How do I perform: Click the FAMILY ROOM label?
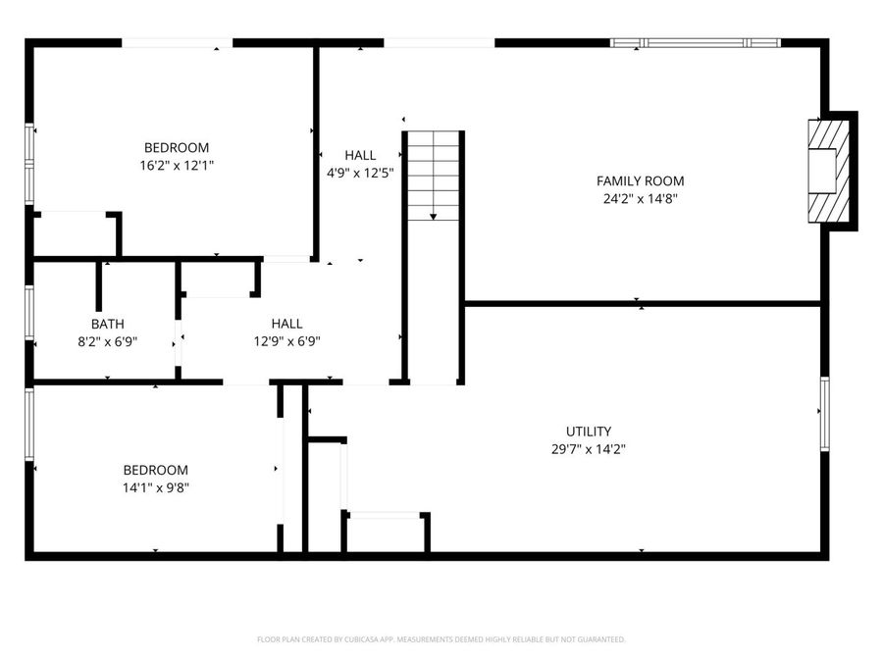click(640, 180)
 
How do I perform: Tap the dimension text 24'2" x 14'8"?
click(640, 198)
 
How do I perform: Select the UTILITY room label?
click(588, 432)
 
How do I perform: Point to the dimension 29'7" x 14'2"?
click(588, 449)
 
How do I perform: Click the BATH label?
click(108, 324)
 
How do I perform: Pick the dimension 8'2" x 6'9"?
click(108, 341)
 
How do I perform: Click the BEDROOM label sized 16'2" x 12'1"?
click(177, 148)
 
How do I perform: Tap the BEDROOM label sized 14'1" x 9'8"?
click(155, 470)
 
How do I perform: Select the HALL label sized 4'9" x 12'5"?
click(360, 155)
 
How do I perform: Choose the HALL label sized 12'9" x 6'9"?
click(286, 324)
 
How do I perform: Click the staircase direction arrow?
click(433, 215)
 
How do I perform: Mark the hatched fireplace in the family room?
click(824, 173)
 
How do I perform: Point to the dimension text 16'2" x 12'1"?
click(177, 166)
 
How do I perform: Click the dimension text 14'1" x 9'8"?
click(155, 487)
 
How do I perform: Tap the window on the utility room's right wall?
click(824, 413)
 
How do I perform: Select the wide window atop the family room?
click(695, 43)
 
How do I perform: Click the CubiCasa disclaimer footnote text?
click(441, 639)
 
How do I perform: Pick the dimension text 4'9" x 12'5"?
click(360, 173)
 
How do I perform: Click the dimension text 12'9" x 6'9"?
click(286, 341)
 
